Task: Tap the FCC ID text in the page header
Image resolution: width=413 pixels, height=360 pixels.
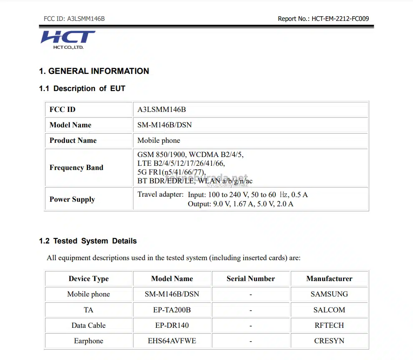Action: click(74, 18)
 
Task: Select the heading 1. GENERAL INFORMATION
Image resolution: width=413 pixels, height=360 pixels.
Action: click(94, 71)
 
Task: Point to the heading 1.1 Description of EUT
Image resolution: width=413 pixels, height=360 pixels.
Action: click(82, 89)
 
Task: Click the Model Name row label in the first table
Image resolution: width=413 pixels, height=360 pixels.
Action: click(70, 125)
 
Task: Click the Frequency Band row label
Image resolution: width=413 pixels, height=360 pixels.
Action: click(76, 167)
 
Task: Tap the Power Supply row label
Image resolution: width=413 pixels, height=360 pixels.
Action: click(72, 199)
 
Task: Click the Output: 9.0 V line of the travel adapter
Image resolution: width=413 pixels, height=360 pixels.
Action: click(240, 204)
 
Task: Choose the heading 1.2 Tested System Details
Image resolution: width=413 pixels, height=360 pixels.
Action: click(88, 241)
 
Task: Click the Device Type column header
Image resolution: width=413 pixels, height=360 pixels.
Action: click(88, 279)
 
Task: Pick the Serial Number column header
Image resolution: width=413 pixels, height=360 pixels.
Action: click(251, 279)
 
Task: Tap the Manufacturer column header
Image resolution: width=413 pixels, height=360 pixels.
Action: click(329, 279)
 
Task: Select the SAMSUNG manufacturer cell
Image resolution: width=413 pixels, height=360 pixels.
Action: click(329, 294)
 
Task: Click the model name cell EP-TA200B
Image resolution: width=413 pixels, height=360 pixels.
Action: click(172, 310)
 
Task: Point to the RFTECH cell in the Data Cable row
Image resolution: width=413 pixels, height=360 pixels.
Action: click(329, 325)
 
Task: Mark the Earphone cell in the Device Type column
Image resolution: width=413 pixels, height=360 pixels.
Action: click(88, 341)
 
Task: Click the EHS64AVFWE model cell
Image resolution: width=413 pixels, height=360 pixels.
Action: click(172, 341)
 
